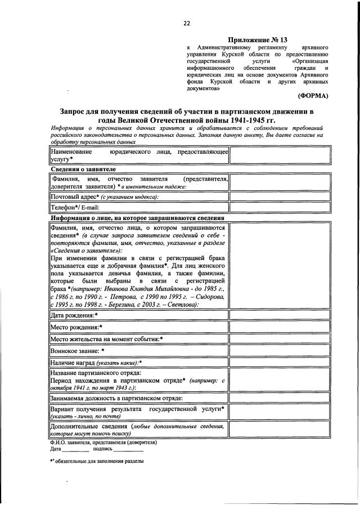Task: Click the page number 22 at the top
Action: tap(186, 23)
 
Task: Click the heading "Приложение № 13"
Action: tap(260, 40)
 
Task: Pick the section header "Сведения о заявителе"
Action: tap(84, 169)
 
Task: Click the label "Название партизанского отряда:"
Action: tap(96, 373)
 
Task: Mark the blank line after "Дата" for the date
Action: tap(75, 450)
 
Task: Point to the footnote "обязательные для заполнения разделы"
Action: tap(99, 461)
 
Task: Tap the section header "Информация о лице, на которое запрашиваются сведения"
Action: tap(138, 218)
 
